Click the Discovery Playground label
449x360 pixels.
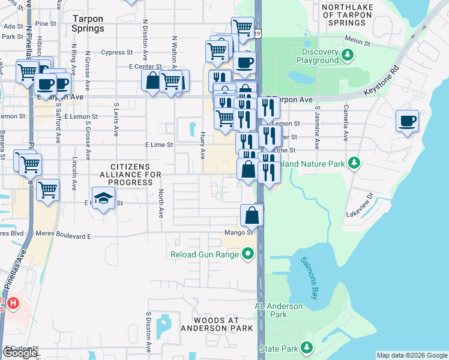pyautogui.click(x=316, y=56)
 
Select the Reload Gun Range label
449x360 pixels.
pyautogui.click(x=204, y=255)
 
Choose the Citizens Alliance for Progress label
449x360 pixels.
pyautogui.click(x=127, y=174)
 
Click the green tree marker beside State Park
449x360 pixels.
pyautogui.click(x=307, y=348)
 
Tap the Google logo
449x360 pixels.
pyautogui.click(x=20, y=353)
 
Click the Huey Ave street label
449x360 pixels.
pyautogui.click(x=203, y=146)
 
